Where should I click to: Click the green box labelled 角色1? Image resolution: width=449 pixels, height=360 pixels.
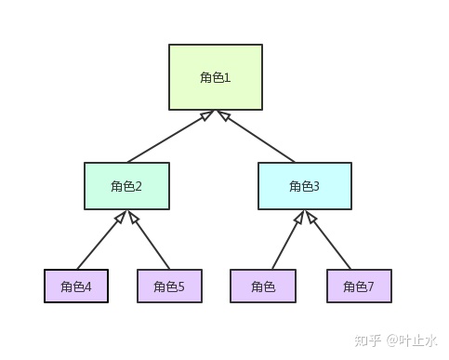point(216,77)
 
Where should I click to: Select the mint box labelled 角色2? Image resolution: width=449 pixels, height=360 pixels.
point(126,186)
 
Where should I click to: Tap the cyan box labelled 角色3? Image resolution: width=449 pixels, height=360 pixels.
point(304,186)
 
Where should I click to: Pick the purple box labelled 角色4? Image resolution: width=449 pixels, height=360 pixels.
point(76,287)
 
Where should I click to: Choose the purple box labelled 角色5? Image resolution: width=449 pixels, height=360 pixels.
point(169,287)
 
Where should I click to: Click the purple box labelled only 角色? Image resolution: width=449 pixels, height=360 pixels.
point(263,287)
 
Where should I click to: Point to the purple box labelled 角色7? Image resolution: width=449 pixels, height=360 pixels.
point(359,287)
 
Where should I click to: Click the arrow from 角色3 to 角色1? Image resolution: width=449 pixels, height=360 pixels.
point(258,137)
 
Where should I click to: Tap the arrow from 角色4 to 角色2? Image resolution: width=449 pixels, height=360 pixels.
point(99,241)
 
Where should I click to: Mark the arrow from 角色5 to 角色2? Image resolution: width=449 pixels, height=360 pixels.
point(150,241)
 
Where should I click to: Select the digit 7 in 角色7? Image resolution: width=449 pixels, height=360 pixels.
point(371,287)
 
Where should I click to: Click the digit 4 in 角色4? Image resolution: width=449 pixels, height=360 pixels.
point(88,287)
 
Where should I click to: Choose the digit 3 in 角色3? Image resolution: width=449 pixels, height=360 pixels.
point(316,186)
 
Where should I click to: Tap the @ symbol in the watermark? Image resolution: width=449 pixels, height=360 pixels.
point(392,340)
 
